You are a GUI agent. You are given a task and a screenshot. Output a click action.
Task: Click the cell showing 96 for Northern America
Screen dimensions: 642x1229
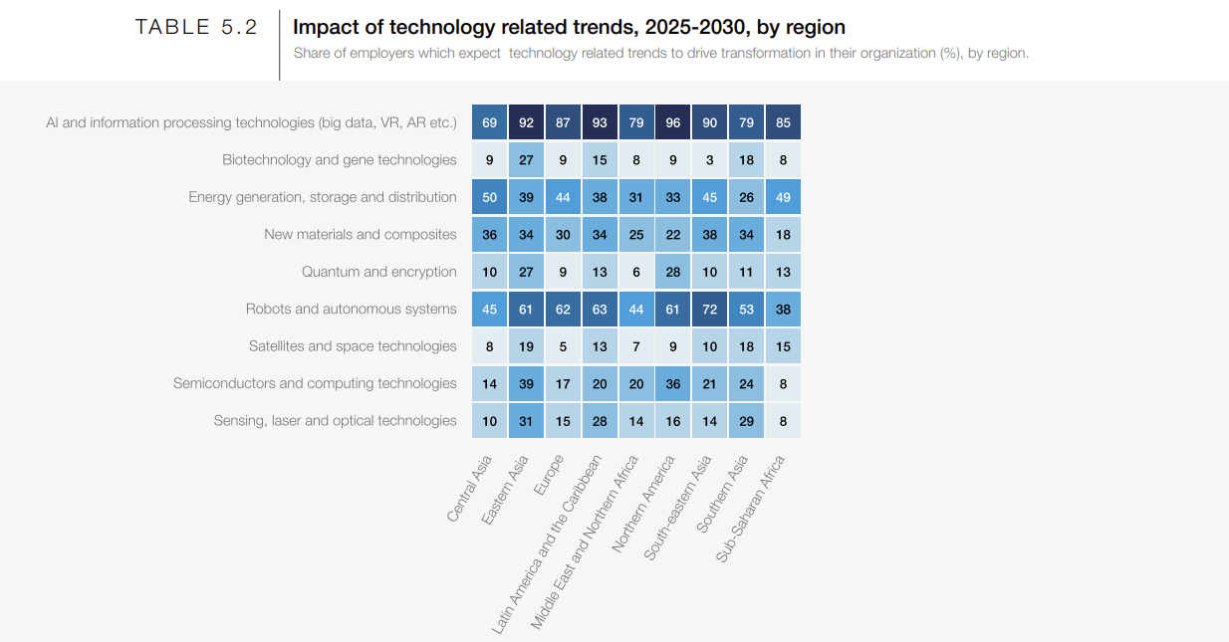click(673, 122)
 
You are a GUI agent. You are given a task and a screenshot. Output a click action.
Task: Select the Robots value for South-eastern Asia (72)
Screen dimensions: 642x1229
click(710, 309)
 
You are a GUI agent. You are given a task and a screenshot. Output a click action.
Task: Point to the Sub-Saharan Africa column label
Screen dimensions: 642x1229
click(751, 509)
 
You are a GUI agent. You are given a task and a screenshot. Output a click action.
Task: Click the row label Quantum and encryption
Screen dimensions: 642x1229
click(378, 272)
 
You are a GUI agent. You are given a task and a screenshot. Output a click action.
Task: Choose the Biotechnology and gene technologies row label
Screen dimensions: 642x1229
click(339, 159)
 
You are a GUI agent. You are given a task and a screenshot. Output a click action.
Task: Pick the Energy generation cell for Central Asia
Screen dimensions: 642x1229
click(489, 197)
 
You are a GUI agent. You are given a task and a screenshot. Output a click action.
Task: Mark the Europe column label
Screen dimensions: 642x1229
click(549, 475)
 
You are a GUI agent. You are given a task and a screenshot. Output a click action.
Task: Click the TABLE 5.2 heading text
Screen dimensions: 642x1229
click(196, 28)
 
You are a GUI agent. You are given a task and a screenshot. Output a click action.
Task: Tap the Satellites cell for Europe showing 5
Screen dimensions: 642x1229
click(563, 346)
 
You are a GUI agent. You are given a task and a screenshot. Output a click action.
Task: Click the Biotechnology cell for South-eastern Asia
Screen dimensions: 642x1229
click(710, 159)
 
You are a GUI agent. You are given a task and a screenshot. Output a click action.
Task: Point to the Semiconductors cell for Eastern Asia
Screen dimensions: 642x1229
click(526, 383)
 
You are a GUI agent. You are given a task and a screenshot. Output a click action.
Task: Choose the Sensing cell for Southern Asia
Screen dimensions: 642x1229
click(747, 421)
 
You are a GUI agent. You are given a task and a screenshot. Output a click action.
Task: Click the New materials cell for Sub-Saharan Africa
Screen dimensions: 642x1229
click(784, 234)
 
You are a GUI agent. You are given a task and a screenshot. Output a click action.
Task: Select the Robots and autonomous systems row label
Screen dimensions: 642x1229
click(351, 309)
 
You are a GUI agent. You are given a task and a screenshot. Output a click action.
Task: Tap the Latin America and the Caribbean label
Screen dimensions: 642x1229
click(548, 544)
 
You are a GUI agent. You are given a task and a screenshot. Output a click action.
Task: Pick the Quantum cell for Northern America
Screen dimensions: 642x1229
click(673, 272)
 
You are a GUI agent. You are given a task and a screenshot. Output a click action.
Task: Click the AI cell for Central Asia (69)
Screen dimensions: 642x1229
click(489, 122)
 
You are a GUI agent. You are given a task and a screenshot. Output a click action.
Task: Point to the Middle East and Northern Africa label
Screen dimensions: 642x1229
click(585, 542)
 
